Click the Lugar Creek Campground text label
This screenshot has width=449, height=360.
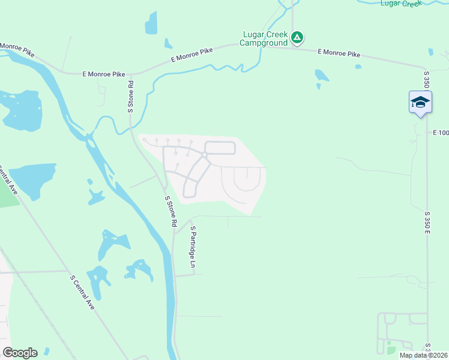[264, 38]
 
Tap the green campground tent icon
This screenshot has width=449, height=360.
[297, 38]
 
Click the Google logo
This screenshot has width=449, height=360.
[20, 353]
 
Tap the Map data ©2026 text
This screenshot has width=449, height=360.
[423, 355]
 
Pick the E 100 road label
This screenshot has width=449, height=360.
[440, 132]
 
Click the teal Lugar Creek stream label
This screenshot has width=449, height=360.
[401, 4]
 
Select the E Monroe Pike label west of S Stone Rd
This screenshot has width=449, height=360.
[103, 74]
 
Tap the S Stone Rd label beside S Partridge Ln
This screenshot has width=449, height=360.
[170, 211]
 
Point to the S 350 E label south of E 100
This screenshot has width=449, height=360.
[428, 221]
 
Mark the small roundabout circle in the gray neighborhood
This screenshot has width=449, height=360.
[205, 155]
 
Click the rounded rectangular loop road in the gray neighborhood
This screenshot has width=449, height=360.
[220, 148]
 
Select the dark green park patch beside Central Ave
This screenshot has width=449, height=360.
[8, 192]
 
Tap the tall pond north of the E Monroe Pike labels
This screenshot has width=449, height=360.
[151, 23]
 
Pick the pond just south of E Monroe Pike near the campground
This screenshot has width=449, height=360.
[321, 76]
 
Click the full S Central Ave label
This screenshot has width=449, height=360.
[83, 292]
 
